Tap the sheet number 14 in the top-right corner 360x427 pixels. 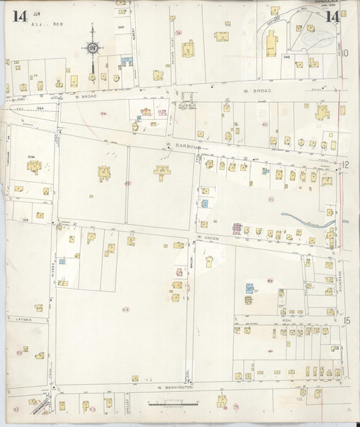pos(332,17)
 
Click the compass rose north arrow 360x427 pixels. pos(92,48)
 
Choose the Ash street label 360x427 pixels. pos(286,321)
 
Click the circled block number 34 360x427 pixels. pos(178,32)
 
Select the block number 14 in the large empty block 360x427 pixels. pos(126,309)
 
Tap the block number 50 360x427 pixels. pos(271,199)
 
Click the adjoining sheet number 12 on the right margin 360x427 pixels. pos(345,164)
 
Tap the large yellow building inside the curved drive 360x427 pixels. pos(271,45)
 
